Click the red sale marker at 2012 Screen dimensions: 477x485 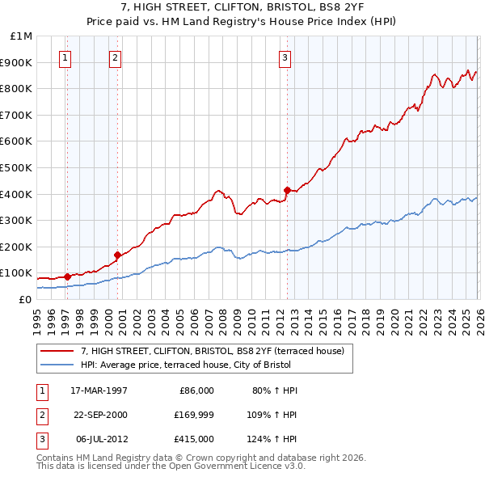point(286,190)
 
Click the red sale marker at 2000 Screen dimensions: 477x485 point(118,255)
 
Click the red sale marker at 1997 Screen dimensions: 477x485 point(68,276)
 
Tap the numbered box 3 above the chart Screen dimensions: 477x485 point(285,57)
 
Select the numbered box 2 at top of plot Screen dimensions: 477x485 point(115,57)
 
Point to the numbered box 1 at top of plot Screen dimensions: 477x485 point(65,57)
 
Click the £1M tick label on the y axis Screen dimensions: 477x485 point(22,36)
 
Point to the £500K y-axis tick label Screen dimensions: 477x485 point(18,168)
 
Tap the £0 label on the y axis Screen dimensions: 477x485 point(24,299)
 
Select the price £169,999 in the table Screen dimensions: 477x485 point(192,415)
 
